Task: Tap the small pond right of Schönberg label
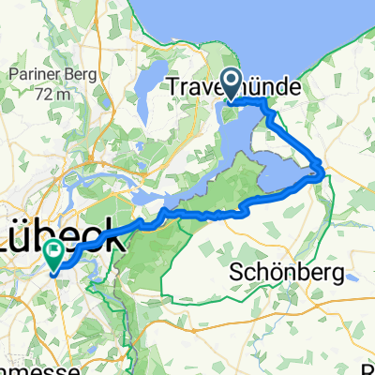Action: (350, 277)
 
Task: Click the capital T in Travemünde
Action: (172, 88)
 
